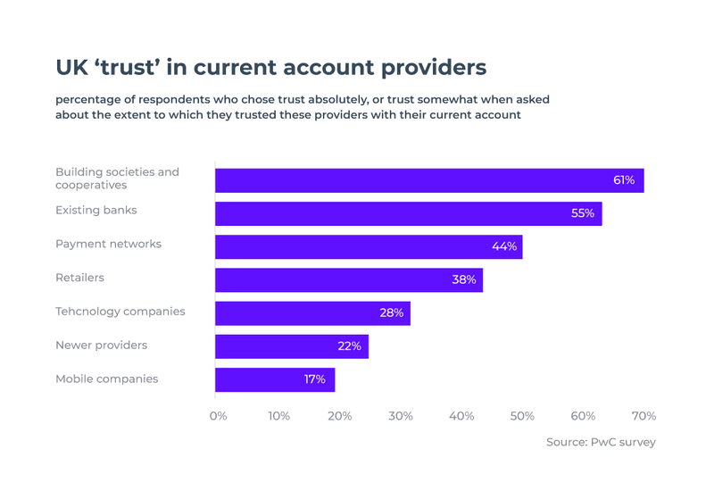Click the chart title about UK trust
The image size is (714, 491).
point(271,68)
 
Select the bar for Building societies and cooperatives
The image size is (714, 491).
point(429,179)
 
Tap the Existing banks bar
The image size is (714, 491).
point(408,213)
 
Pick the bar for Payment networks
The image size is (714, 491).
point(369,246)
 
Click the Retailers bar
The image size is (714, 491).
point(349,279)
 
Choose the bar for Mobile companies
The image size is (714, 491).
point(275,379)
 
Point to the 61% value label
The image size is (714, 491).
point(623,180)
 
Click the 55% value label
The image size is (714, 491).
point(583,213)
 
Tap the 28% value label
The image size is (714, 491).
point(392,313)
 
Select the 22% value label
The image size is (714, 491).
point(350,346)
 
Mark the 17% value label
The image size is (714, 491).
point(314,379)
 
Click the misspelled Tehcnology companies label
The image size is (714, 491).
point(120,312)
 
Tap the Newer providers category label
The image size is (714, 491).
point(101,345)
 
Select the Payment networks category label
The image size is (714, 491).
point(109,244)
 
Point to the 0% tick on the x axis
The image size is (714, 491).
point(218,416)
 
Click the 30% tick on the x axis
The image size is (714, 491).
point(401,416)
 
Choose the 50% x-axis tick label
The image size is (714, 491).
point(522,416)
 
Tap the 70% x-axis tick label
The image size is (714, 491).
point(643,416)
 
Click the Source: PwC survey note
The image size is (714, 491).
point(601,442)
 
